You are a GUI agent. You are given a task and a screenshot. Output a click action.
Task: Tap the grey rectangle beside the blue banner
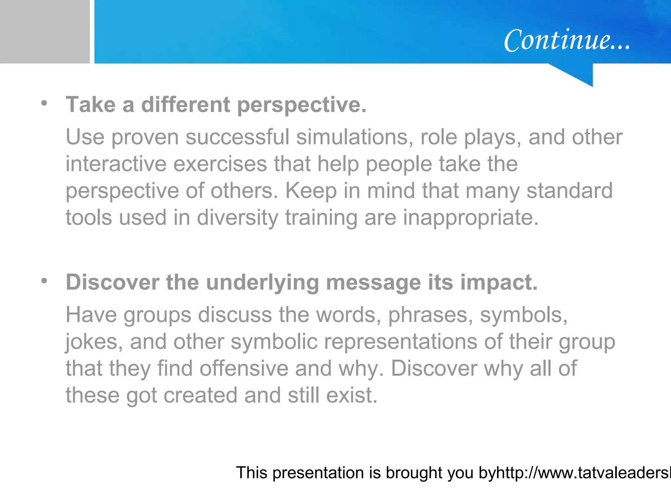tap(45, 31)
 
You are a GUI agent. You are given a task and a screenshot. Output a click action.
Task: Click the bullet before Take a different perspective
tap(44, 103)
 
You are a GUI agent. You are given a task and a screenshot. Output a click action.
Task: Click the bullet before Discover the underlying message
tap(44, 281)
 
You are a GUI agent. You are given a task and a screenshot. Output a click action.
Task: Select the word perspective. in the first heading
tap(301, 105)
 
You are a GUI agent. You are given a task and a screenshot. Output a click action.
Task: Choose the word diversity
tap(238, 218)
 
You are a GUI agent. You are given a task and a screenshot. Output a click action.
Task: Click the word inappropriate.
tap(471, 218)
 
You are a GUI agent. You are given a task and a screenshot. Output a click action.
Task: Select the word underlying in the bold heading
tap(262, 282)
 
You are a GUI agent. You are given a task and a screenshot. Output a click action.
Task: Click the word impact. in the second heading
tap(499, 282)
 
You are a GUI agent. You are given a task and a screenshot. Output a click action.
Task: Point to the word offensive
tap(244, 369)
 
